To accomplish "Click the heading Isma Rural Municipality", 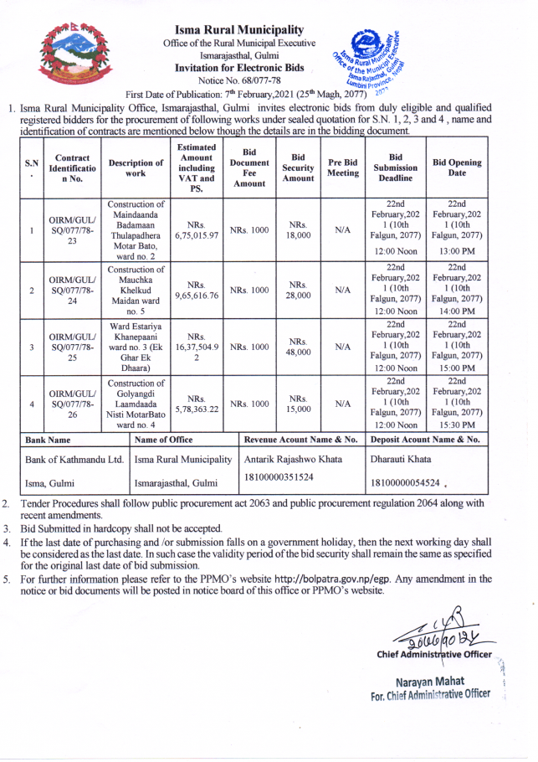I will (240, 31).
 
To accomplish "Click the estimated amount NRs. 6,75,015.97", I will (197, 229).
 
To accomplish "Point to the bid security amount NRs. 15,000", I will (299, 403).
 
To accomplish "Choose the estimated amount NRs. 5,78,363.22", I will (197, 403).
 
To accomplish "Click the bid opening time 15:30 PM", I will (456, 425).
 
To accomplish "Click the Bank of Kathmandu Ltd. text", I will (74, 460).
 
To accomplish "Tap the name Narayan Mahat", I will (430, 681).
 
